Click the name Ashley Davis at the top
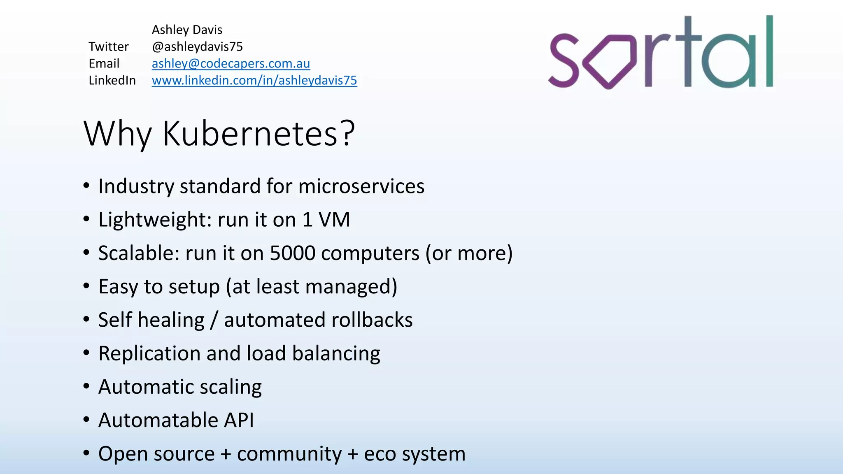187,30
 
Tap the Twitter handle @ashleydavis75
197,46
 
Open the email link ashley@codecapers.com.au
231,63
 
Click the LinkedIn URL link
254,80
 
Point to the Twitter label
108,46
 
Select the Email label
104,63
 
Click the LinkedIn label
112,80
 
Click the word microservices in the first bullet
361,186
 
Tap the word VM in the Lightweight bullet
334,220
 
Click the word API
239,420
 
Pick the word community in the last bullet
289,454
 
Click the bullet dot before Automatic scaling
86,386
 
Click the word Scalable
138,253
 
